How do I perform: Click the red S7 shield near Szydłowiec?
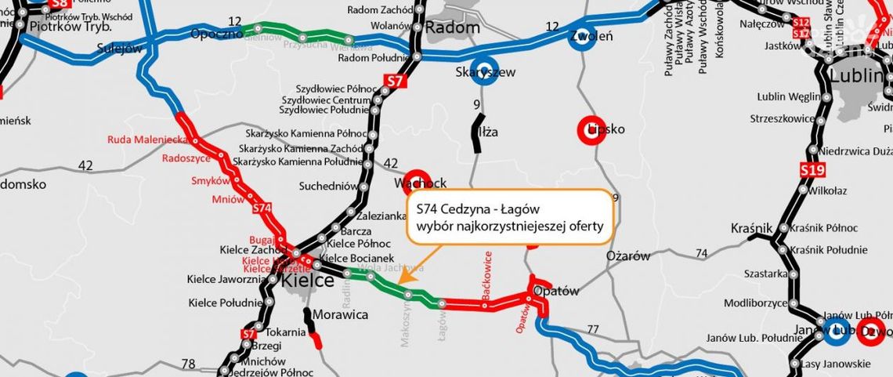pyautogui.click(x=396, y=81)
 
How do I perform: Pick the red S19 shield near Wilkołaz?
pyautogui.click(x=809, y=169)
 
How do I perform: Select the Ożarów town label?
pyautogui.click(x=627, y=256)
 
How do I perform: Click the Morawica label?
pyautogui.click(x=340, y=314)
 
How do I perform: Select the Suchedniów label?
pyautogui.click(x=328, y=186)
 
